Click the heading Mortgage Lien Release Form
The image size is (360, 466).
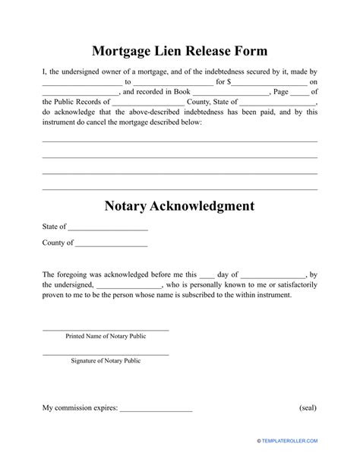[x=180, y=52]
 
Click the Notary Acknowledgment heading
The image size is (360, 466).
[x=179, y=206]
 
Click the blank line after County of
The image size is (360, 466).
[x=111, y=245]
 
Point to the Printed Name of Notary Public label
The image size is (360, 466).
[x=106, y=335]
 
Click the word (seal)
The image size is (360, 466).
[x=308, y=408]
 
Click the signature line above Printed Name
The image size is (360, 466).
[x=106, y=329]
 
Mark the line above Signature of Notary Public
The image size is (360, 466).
[x=106, y=354]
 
